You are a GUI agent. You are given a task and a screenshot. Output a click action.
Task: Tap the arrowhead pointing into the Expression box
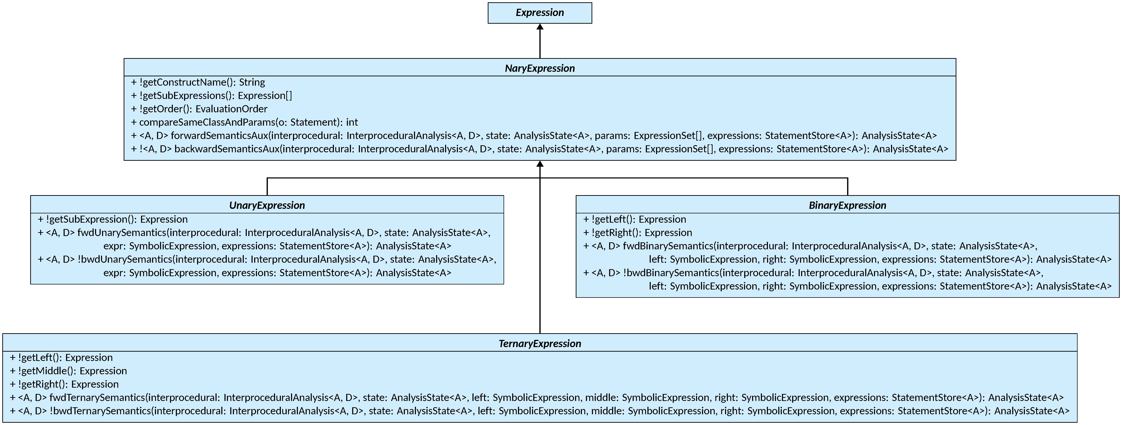pyautogui.click(x=540, y=26)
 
